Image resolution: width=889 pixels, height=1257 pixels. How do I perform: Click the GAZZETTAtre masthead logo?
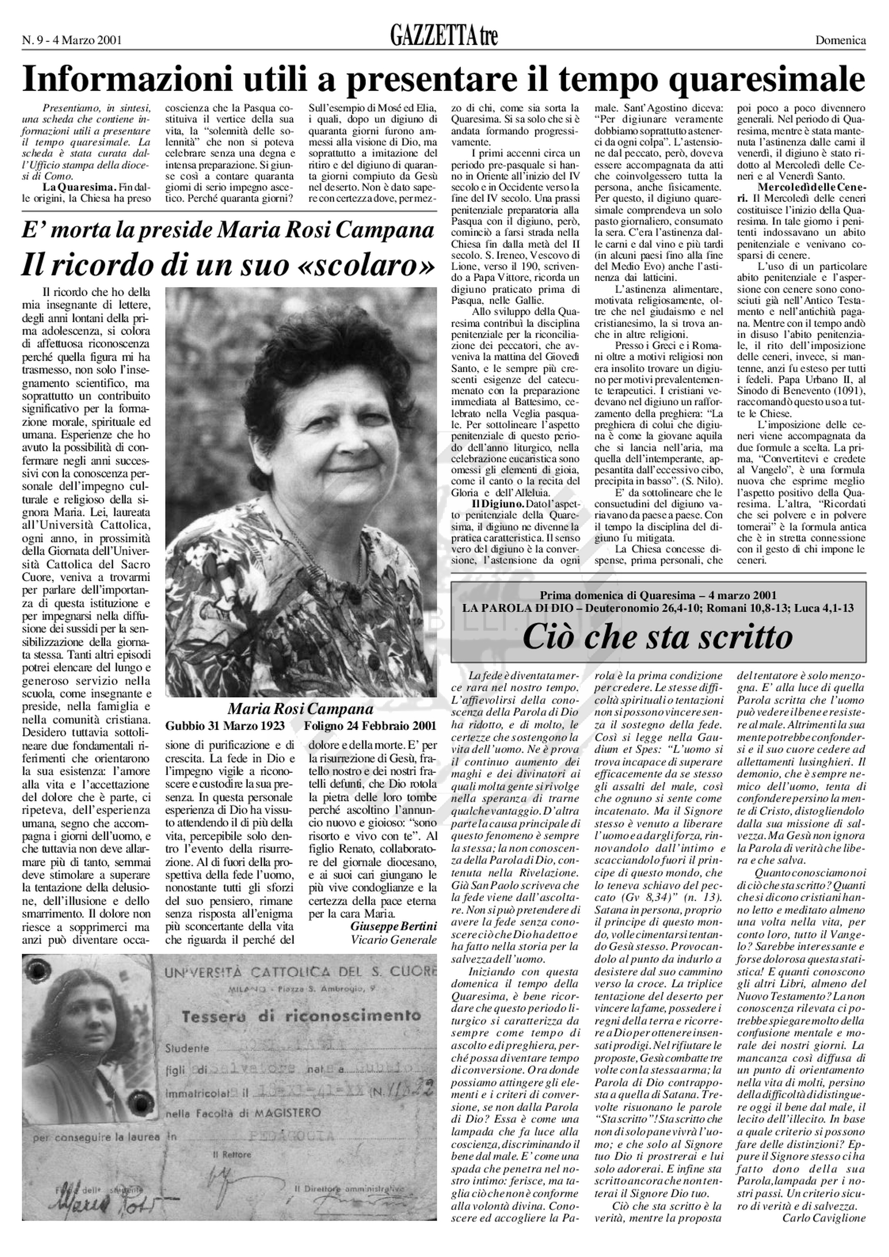pos(444,36)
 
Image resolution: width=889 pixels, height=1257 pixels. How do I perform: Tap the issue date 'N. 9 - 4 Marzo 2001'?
pos(72,40)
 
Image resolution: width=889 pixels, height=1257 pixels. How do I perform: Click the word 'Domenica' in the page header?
pos(840,40)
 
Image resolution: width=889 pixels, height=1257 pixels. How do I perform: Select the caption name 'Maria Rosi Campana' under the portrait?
pos(300,709)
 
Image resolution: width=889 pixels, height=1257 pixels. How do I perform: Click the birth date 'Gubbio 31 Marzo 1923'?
pos(225,726)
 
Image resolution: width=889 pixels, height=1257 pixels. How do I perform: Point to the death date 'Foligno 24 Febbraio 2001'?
pos(371,726)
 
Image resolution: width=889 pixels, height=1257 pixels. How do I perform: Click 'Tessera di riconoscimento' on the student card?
pos(301,1017)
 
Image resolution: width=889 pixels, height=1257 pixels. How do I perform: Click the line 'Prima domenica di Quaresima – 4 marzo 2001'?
pos(658,596)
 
